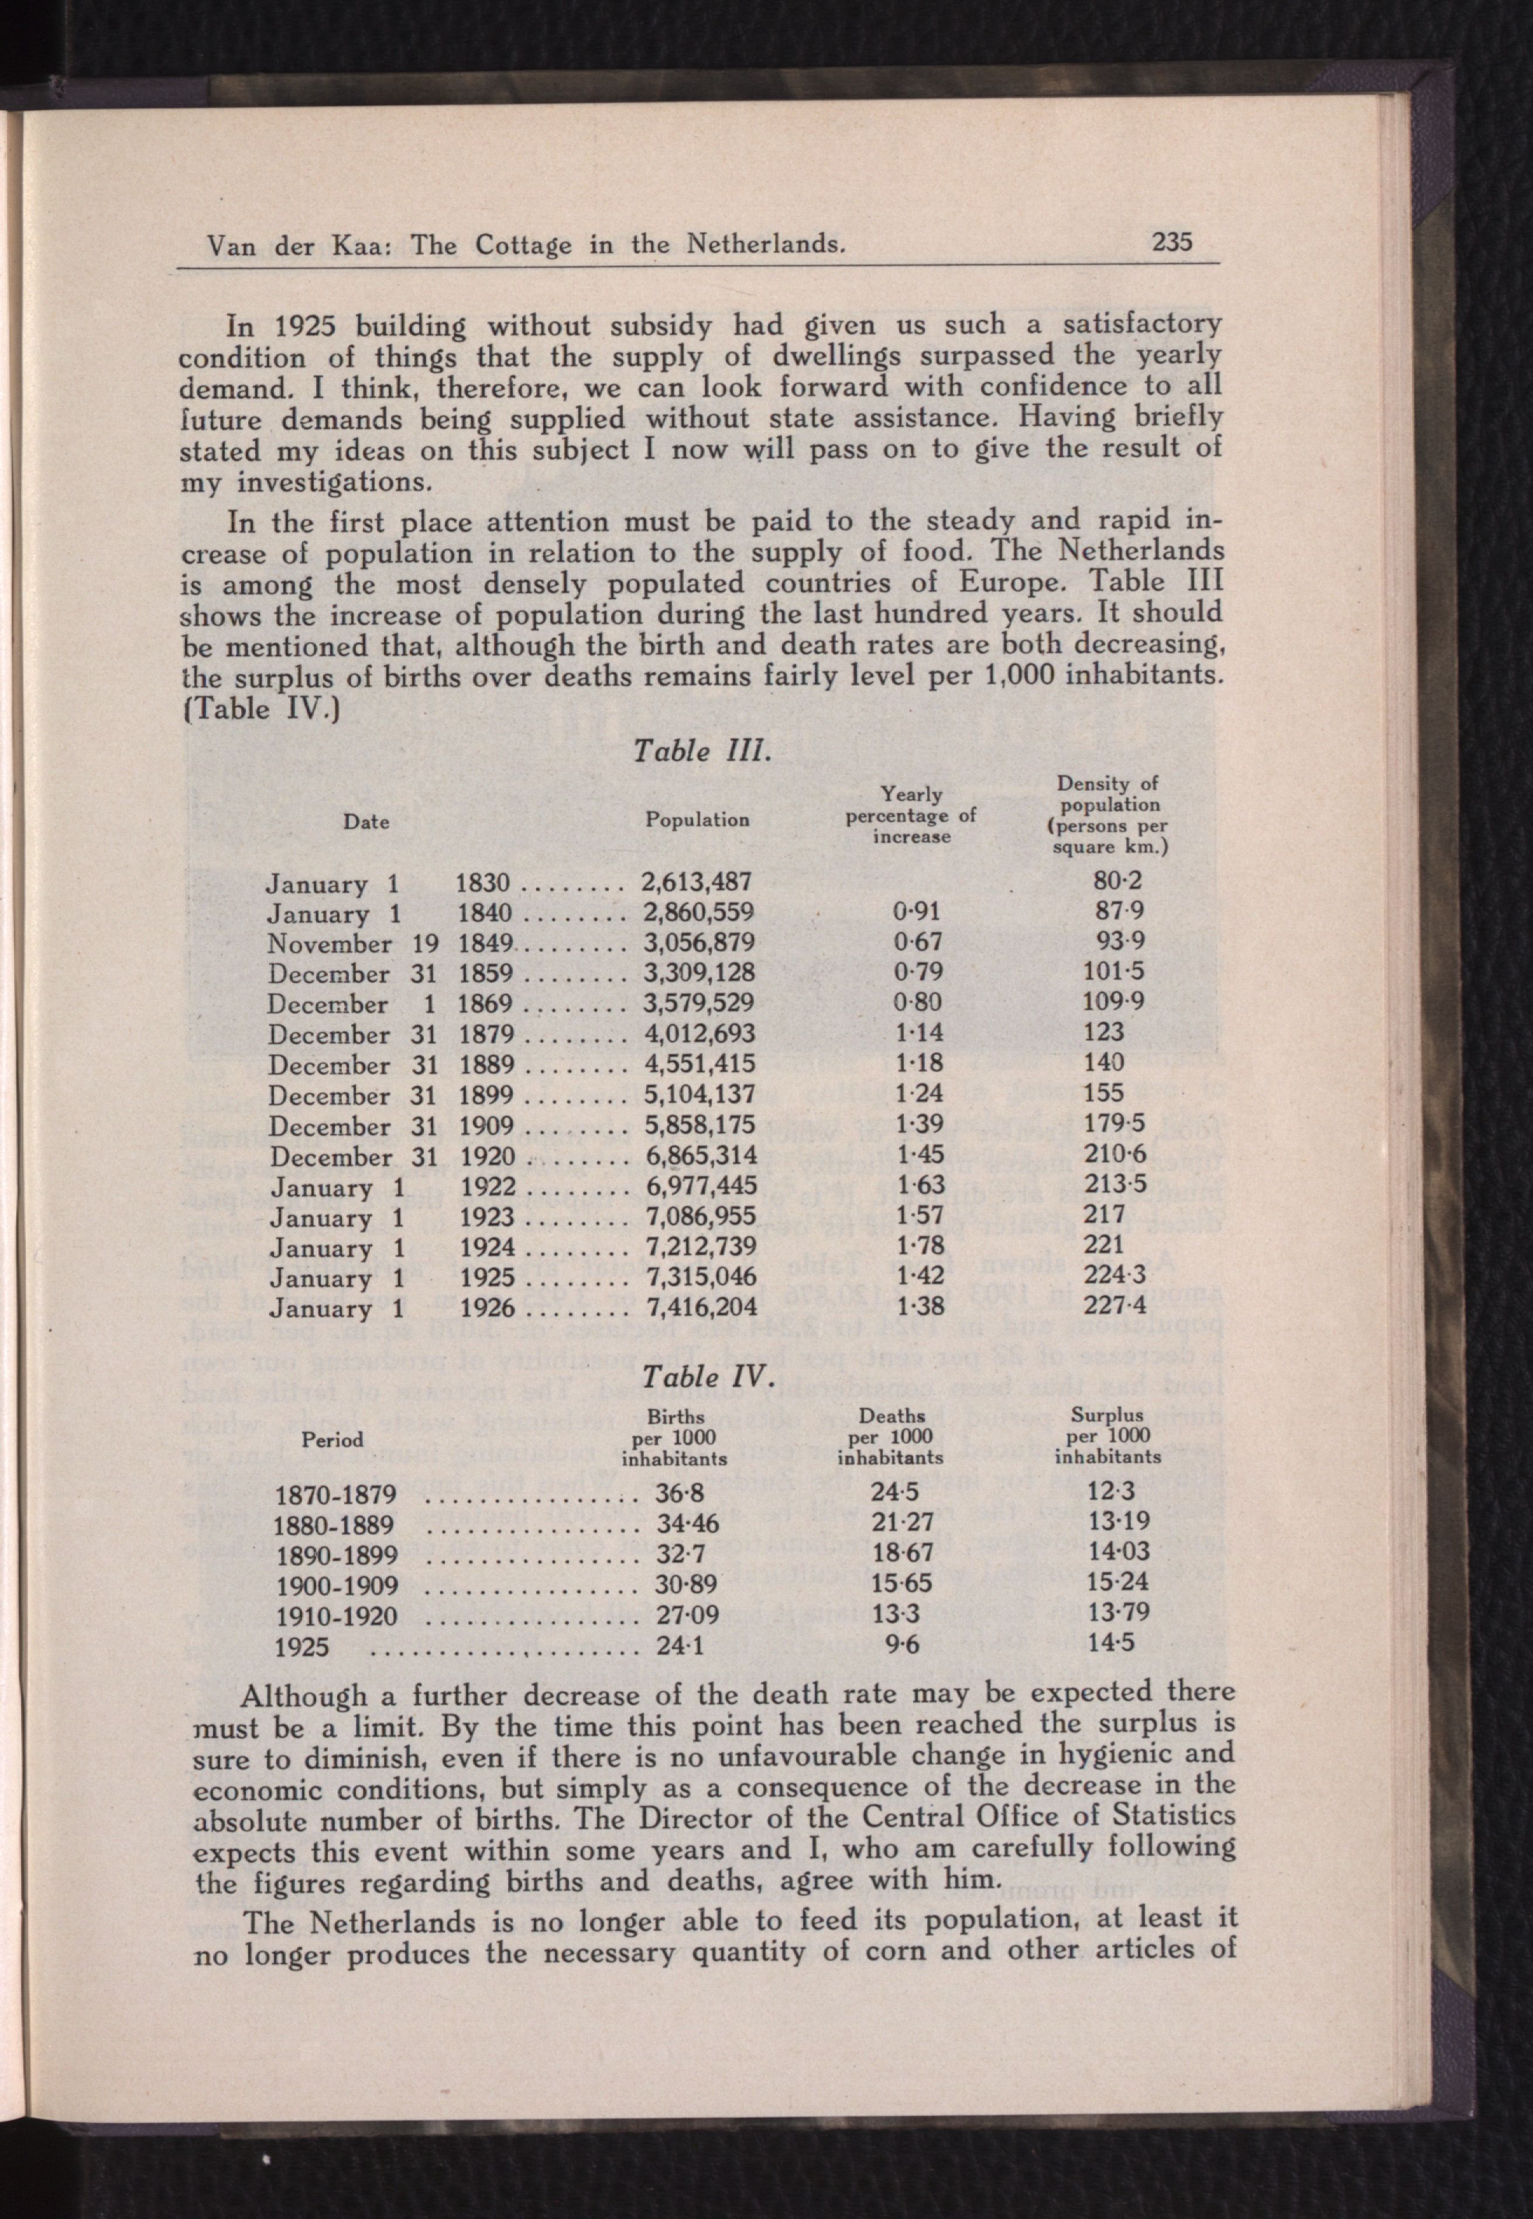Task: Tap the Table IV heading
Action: (707, 1377)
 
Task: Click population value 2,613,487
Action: (697, 882)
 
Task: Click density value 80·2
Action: (1117, 880)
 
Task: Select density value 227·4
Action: (1117, 1308)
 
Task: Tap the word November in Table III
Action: (330, 944)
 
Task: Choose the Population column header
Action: (697, 819)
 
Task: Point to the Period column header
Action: (332, 1439)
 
